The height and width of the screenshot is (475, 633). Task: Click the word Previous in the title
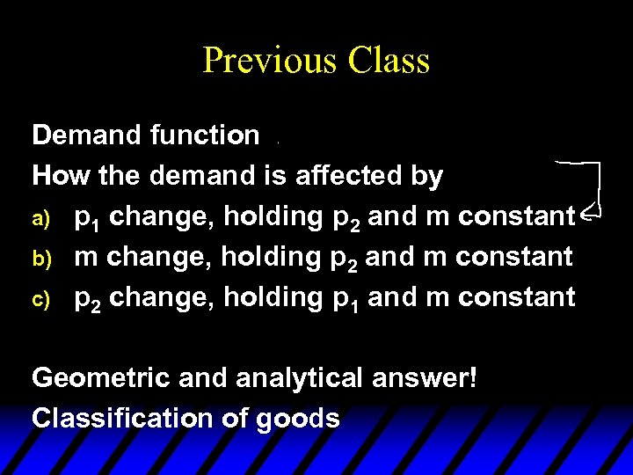(x=270, y=60)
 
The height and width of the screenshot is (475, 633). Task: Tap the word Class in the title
(x=389, y=60)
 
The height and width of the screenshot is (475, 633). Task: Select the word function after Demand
(x=205, y=135)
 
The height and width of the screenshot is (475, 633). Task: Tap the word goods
(x=298, y=418)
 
